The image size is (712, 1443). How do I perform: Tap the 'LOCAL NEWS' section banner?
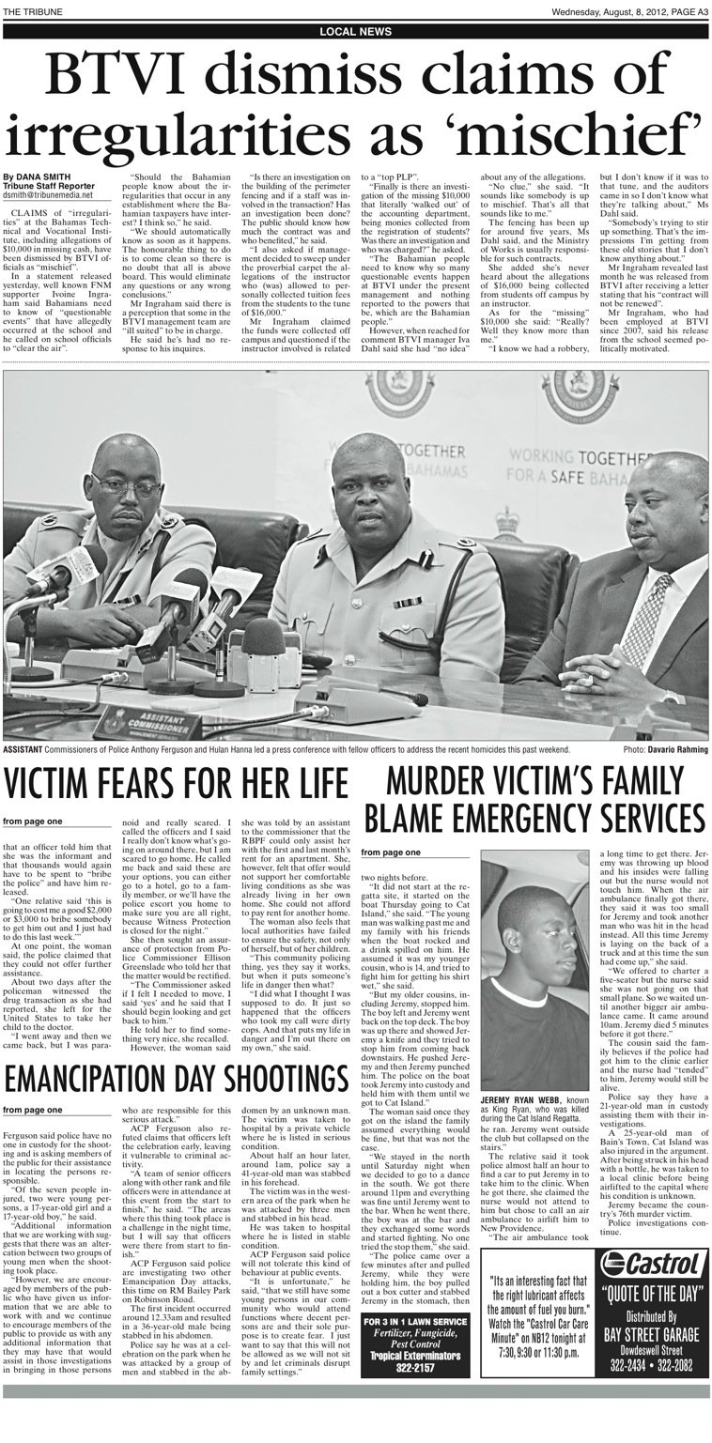tap(355, 31)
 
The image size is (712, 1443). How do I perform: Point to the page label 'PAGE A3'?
tap(683, 10)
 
